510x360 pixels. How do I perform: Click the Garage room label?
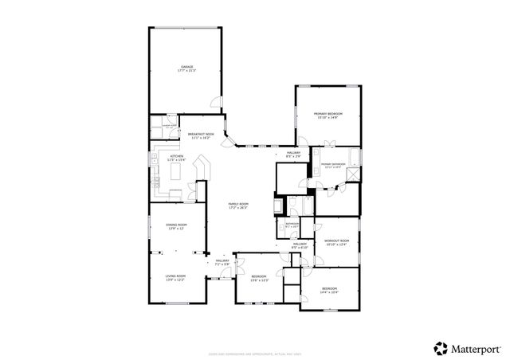[x=186, y=68]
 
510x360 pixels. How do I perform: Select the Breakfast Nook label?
[x=201, y=136]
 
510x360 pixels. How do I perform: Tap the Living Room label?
[x=175, y=278]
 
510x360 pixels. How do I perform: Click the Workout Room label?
[x=336, y=242]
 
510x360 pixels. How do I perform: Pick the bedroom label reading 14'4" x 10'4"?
[x=330, y=290]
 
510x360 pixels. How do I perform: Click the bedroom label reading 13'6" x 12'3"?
[x=259, y=278]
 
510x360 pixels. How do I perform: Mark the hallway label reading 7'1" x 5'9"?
[x=222, y=262]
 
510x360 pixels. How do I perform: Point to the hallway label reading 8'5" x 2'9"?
[x=293, y=154]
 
